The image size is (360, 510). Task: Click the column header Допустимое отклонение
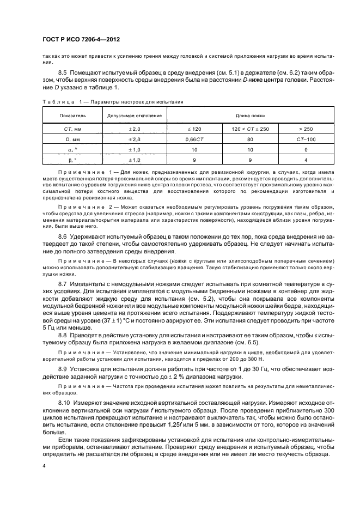[135, 116]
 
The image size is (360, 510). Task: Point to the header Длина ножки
[250, 116]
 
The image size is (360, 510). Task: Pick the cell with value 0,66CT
[194, 138]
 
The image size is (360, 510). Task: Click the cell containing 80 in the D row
[250, 138]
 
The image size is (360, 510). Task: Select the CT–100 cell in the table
[306, 138]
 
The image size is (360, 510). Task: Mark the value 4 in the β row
[306, 160]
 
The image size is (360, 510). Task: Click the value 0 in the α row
[306, 149]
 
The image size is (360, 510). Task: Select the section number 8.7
[63, 284]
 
